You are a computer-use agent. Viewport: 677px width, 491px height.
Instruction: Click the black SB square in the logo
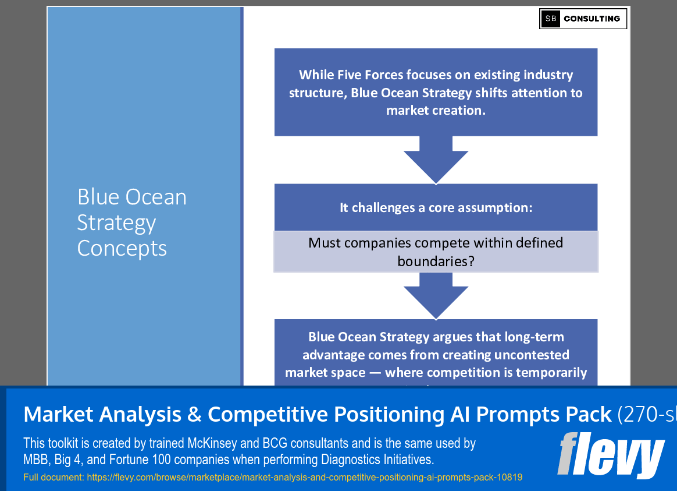tap(550, 19)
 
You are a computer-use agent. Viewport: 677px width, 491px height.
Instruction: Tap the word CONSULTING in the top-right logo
tap(592, 19)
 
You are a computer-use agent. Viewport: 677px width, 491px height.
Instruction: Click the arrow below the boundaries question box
tap(436, 295)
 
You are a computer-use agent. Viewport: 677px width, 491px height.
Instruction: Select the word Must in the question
tap(325, 242)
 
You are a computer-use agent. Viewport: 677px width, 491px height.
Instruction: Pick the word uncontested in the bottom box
tap(532, 355)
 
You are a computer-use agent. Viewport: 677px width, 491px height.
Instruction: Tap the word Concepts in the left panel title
tap(122, 248)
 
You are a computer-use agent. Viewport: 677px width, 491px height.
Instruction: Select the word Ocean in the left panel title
tap(156, 197)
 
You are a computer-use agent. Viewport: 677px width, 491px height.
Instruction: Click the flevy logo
tap(611, 455)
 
